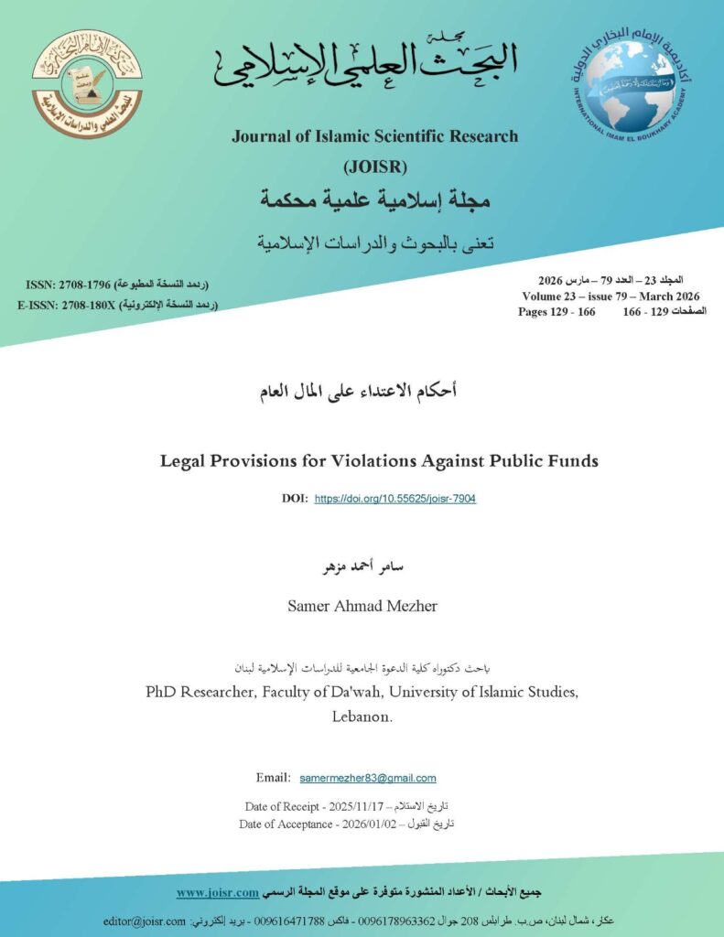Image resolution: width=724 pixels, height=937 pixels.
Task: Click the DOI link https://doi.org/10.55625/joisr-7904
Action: coord(395,499)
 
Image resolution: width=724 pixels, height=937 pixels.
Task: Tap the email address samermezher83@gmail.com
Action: coord(368,778)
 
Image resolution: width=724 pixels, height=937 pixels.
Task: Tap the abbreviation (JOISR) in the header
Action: coord(374,167)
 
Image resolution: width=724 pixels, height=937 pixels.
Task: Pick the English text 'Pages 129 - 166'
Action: coord(557,312)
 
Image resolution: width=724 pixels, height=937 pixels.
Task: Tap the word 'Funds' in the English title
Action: coord(569,461)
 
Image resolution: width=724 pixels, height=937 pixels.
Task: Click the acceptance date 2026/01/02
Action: coord(354,824)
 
